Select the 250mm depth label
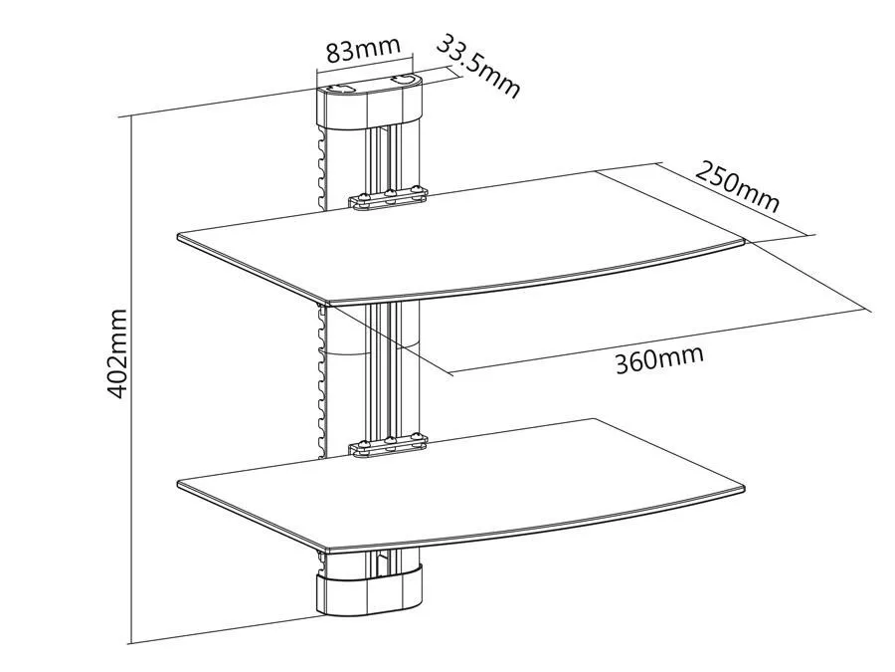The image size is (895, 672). tap(737, 187)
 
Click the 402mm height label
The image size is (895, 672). tap(117, 353)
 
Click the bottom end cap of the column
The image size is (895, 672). tap(369, 590)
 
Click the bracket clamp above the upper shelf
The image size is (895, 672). tap(388, 198)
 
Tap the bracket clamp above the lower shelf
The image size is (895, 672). tap(388, 447)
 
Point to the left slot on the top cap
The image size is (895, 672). tap(341, 89)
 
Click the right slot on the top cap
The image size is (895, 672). tap(404, 79)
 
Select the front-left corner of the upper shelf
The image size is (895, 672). tap(324, 303)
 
